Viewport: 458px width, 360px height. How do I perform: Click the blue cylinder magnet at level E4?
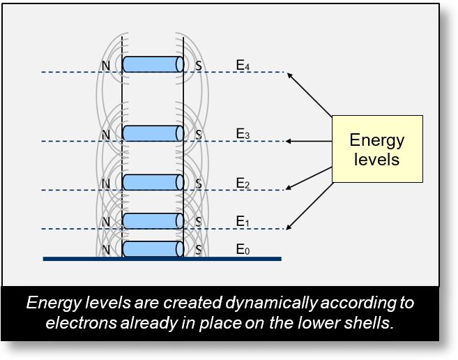pyautogui.click(x=153, y=64)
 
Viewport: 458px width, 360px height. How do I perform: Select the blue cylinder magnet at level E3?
pyautogui.click(x=153, y=133)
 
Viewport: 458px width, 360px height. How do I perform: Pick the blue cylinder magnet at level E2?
pyautogui.click(x=153, y=182)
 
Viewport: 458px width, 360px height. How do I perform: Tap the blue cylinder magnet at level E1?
pyautogui.click(x=153, y=221)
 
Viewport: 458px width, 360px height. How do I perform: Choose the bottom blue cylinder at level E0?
pyautogui.click(x=153, y=248)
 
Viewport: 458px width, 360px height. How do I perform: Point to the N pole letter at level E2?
pyautogui.click(x=105, y=184)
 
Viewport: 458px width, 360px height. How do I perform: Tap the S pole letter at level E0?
pyautogui.click(x=198, y=249)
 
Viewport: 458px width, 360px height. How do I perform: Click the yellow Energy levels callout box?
pyautogui.click(x=376, y=149)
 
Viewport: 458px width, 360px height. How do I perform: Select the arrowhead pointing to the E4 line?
pyautogui.click(x=289, y=73)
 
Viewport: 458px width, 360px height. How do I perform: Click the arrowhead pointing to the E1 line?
pyautogui.click(x=289, y=227)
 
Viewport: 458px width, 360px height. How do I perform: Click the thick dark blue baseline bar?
pyautogui.click(x=162, y=259)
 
